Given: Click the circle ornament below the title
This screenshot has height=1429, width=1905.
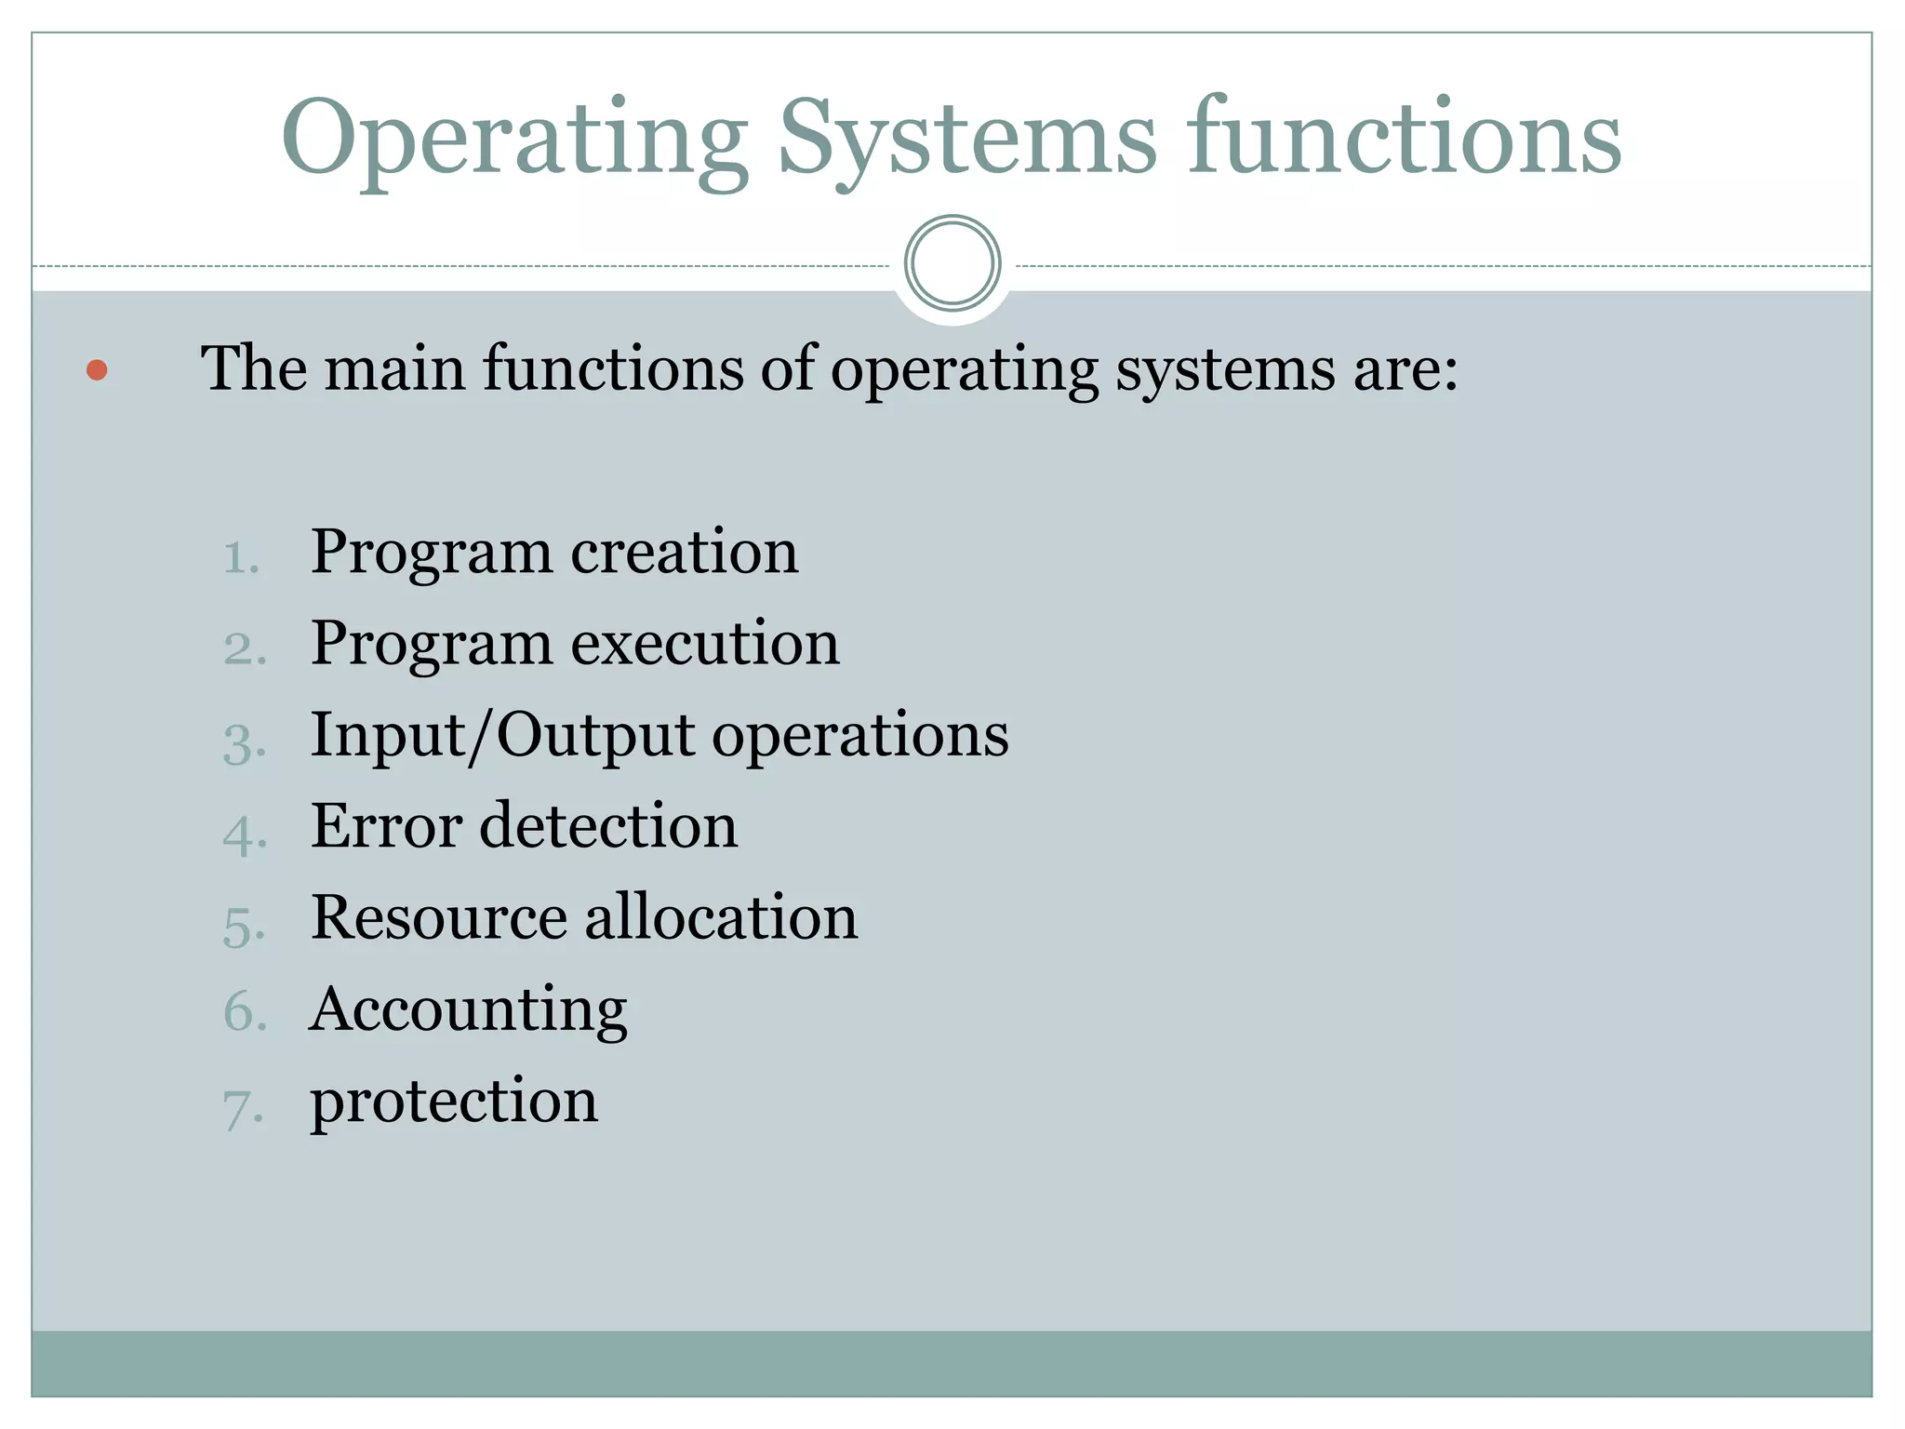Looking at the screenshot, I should pos(952,263).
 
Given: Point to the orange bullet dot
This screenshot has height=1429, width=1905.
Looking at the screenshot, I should pos(97,370).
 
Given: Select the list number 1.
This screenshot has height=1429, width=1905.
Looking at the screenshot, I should pos(241,557).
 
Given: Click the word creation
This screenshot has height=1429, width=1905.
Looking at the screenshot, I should pos(684,552).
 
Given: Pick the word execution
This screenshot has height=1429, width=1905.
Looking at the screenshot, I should pos(705,644).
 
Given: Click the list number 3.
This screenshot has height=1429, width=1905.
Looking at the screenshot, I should pos(244,743).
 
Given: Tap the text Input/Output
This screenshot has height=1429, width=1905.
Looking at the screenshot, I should pos(502,736).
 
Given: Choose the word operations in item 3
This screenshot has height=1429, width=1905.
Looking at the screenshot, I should pos(860,736).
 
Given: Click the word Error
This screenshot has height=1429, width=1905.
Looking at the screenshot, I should pos(386,826).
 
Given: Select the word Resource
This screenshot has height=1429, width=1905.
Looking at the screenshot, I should pos(439,917).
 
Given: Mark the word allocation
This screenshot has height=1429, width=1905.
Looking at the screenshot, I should pos(721,917).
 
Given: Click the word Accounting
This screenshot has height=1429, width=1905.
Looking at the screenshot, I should pos(469,1010).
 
